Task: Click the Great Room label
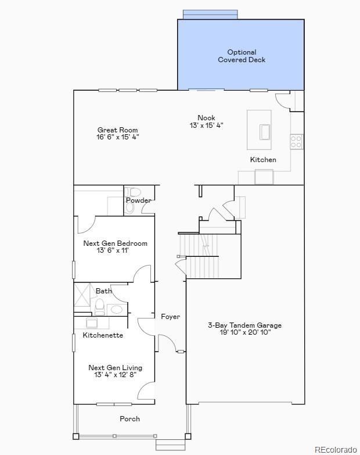point(117,130)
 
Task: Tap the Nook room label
point(206,118)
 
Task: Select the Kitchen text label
point(263,160)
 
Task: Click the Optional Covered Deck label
point(242,56)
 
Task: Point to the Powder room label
point(139,200)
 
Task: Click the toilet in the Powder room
point(134,192)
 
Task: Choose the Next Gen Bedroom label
point(115,243)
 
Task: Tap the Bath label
point(104,291)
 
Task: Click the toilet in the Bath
point(100,306)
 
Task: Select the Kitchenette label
point(103,335)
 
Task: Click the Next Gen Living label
point(115,368)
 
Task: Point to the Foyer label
point(170,317)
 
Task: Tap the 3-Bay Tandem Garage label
point(244,325)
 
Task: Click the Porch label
point(129,419)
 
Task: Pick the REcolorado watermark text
point(336,449)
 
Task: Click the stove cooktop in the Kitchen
point(296,141)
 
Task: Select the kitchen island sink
point(265,132)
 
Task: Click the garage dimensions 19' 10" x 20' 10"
point(244,332)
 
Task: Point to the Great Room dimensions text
point(117,137)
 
